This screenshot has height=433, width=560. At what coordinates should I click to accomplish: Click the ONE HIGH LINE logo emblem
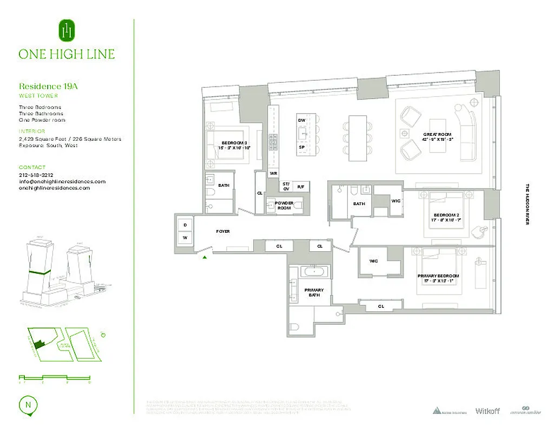[67, 31]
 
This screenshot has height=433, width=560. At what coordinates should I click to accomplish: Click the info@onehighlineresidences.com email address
[62, 182]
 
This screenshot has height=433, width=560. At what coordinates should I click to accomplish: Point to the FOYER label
[223, 232]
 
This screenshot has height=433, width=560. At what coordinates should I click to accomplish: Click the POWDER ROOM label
[284, 206]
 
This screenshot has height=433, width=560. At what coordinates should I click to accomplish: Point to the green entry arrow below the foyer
[205, 258]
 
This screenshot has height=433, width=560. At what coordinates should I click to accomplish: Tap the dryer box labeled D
[185, 224]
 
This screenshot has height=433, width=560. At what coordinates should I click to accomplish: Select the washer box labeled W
[185, 238]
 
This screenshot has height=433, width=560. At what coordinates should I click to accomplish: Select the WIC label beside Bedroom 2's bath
[396, 201]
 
